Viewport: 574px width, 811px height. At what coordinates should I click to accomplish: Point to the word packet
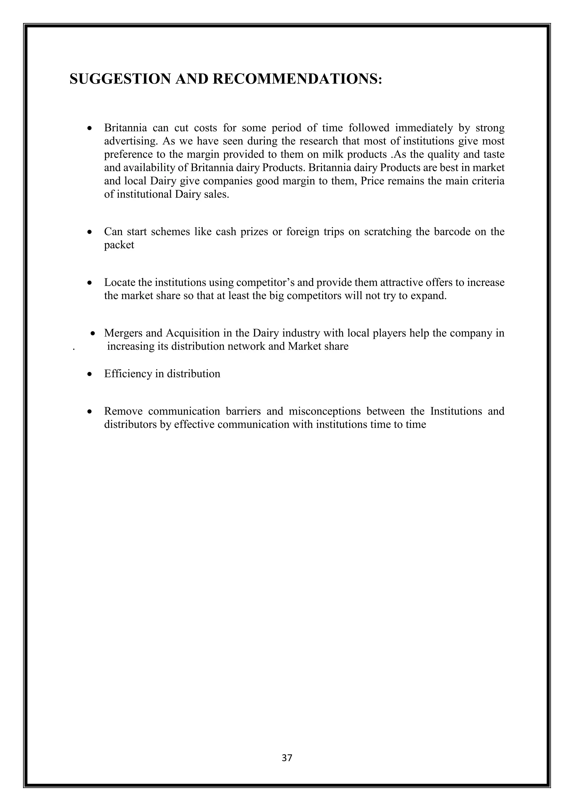pos(119,245)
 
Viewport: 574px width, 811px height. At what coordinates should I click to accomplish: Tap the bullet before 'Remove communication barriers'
pos(91,411)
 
